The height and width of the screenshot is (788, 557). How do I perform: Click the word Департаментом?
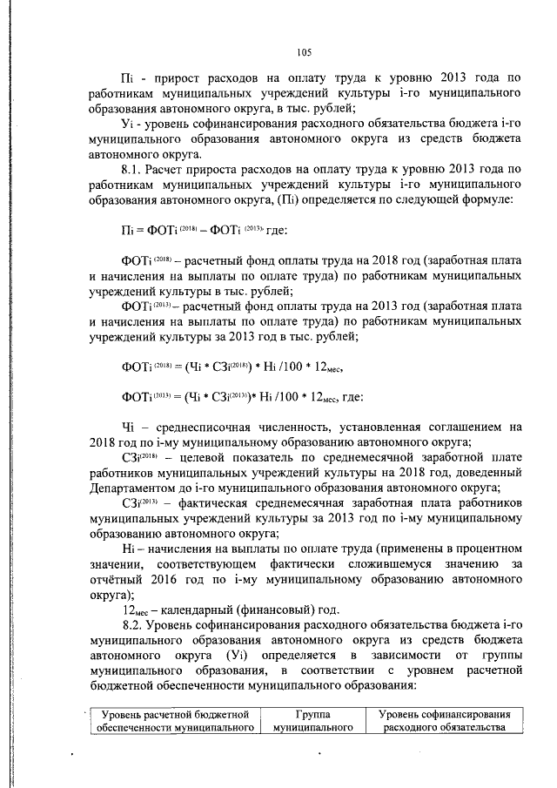pyautogui.click(x=140, y=488)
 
